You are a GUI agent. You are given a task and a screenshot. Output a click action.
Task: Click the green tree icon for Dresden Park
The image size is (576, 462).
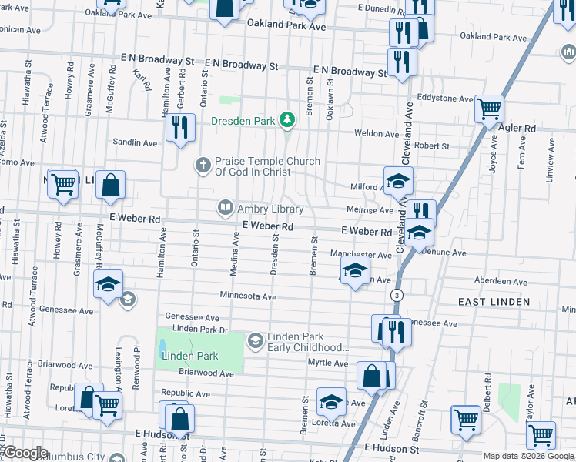tap(287, 120)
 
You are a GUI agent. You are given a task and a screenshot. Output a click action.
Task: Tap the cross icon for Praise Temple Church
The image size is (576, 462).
tap(203, 164)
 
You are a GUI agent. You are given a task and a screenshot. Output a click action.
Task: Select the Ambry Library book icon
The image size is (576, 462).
tap(225, 207)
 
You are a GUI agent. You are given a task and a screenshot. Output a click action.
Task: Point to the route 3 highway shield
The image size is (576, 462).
tap(397, 295)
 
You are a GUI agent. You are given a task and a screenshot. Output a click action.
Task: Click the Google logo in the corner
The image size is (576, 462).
tap(25, 452)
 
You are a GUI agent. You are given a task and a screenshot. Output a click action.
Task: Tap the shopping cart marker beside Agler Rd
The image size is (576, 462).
tap(489, 111)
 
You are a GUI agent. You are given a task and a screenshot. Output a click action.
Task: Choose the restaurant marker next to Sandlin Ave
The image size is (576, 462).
tap(179, 126)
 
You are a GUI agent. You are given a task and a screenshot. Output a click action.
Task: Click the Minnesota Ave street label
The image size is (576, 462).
tap(247, 296)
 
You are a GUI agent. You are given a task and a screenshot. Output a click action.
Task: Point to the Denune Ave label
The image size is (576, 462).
tap(442, 253)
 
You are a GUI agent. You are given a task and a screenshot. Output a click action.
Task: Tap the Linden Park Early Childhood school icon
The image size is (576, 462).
tap(254, 339)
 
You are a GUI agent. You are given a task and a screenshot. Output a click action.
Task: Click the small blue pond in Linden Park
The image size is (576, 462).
tap(162, 348)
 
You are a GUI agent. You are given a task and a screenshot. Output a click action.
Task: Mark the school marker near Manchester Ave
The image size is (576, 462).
tap(354, 271)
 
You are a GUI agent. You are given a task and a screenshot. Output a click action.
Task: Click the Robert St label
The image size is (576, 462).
tap(431, 146)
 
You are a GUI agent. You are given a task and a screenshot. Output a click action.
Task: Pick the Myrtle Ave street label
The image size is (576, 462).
tap(328, 363)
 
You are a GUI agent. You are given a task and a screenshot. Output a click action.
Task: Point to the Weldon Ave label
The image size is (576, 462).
tap(377, 133)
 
